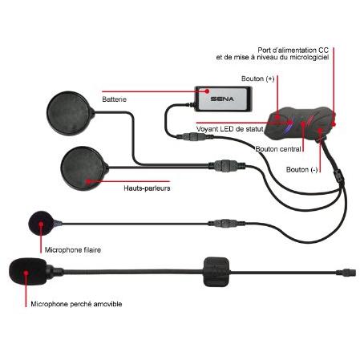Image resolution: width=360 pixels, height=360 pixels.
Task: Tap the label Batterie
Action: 115,100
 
